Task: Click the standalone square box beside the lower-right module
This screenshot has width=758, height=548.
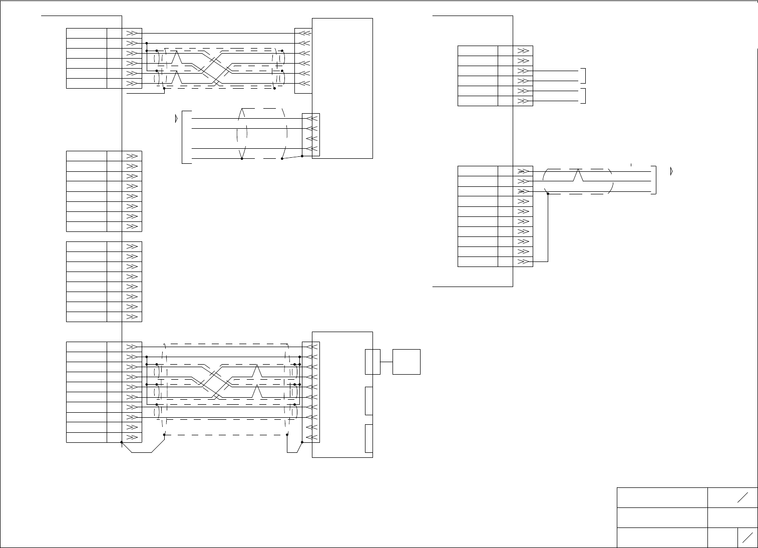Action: click(406, 362)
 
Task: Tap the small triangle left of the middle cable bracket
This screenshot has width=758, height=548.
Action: click(175, 119)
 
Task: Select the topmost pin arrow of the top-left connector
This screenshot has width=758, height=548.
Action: click(133, 33)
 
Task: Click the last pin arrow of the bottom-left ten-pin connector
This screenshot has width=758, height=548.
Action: click(133, 437)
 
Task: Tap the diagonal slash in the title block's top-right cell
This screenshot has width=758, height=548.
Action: click(742, 497)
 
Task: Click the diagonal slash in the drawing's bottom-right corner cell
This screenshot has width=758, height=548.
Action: click(748, 537)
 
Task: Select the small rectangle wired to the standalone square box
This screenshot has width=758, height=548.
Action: click(372, 362)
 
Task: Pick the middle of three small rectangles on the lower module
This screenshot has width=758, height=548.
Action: click(369, 401)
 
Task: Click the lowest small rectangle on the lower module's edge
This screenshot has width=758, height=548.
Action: click(369, 438)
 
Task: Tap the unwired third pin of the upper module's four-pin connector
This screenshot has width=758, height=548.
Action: click(311, 138)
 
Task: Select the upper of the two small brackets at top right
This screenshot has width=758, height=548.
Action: click(584, 76)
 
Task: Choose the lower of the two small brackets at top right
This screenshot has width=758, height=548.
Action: click(584, 96)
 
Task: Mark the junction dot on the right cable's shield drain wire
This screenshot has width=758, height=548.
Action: click(548, 194)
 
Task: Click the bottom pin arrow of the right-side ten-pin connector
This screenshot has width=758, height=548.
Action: click(524, 261)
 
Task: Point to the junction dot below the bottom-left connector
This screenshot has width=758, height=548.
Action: click(122, 442)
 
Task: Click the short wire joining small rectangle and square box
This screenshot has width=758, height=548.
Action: click(387, 362)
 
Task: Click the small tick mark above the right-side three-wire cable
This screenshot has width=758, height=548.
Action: click(631, 164)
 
